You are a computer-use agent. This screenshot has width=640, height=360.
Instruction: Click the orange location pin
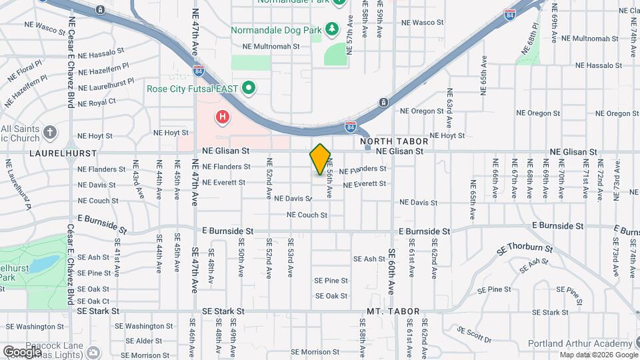click(x=320, y=159)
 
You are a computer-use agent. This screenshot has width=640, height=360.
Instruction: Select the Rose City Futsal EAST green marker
click(x=249, y=88)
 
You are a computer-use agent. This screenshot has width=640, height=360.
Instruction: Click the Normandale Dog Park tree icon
click(x=331, y=30)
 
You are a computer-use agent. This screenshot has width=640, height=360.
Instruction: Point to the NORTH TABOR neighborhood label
click(x=393, y=141)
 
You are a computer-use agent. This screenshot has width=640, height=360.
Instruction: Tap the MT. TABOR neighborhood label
click(x=393, y=311)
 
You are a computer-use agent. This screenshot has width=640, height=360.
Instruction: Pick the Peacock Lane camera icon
click(x=93, y=351)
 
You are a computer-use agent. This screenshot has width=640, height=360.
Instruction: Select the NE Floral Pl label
click(x=25, y=73)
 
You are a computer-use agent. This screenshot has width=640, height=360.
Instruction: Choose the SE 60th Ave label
click(x=392, y=271)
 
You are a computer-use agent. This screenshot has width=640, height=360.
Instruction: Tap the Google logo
click(x=22, y=351)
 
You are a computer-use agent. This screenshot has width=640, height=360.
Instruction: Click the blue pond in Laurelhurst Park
click(x=41, y=264)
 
